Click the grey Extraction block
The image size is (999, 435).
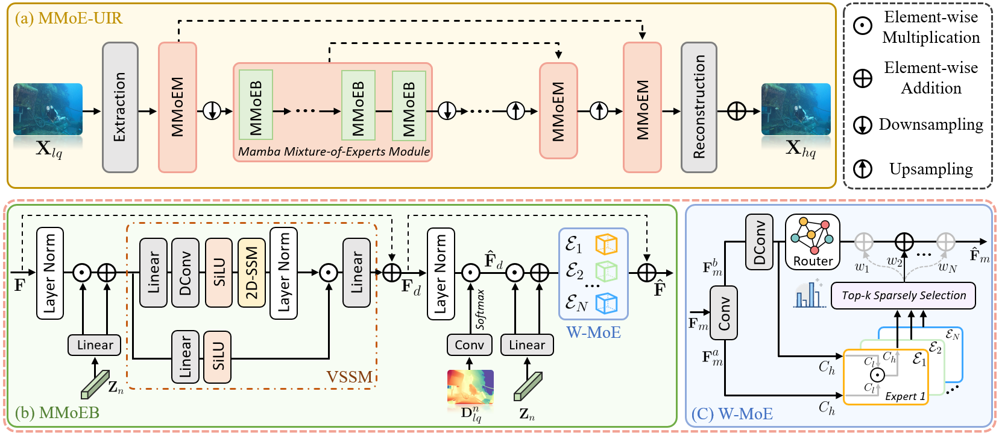pos(120,107)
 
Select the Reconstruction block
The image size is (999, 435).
pos(699,107)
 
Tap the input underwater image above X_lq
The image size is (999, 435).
pos(48,109)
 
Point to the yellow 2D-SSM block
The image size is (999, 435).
pos(251,273)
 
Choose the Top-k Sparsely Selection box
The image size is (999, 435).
pos(903,296)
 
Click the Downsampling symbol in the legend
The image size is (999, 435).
pos(863,125)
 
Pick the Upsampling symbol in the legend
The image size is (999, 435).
pos(863,169)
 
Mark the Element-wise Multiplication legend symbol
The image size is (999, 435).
pos(863,26)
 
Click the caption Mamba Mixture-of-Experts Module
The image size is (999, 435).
pos(334,151)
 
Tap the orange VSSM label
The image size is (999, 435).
pos(349,377)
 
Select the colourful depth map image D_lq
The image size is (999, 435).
pos(470,387)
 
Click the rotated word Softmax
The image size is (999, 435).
pos(481,309)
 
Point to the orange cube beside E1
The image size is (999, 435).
pos(607,244)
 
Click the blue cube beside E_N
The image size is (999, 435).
pos(607,303)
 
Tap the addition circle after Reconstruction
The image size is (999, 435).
pos(737,111)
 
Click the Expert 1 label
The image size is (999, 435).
pos(905,396)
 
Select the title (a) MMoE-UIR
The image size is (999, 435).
pos(69,18)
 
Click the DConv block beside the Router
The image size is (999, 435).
pos(759,242)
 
